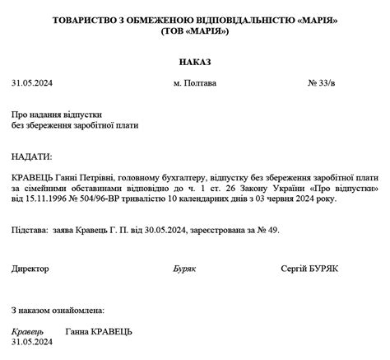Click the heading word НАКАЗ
tap(195, 62)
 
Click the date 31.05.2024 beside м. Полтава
tap(32, 83)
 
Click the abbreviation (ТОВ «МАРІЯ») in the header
tap(194, 30)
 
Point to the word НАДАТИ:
tap(32, 156)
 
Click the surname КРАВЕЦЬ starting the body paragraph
tap(33, 176)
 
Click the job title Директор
tap(30, 269)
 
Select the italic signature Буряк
tap(184, 269)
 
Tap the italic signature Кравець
tap(28, 331)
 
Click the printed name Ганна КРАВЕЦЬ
tap(98, 331)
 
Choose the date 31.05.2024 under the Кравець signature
tap(31, 342)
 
